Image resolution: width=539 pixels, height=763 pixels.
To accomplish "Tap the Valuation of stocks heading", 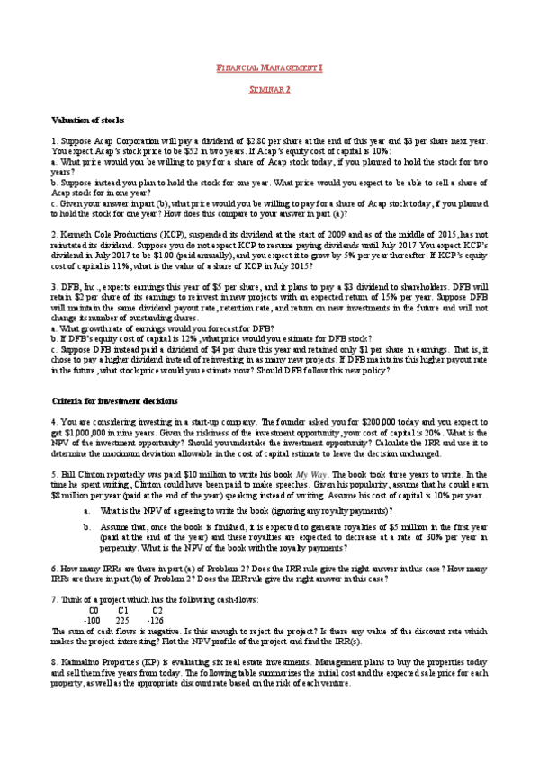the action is click(88, 121).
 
